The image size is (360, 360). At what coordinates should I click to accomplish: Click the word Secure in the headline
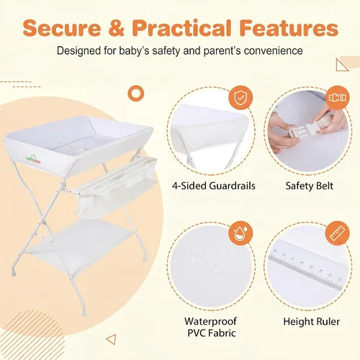point(62,28)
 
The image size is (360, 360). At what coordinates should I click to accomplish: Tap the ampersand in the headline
point(116,28)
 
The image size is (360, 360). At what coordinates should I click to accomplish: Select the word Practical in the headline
point(182,28)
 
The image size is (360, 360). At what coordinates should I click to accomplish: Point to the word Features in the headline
point(289,28)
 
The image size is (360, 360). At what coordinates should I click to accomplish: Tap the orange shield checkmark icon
point(240,97)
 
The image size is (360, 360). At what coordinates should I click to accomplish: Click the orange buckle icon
point(338,97)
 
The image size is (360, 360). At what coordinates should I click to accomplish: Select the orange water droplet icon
point(240,233)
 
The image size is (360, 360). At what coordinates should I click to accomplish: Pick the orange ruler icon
point(338,233)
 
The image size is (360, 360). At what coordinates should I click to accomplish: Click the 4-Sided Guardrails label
point(214,186)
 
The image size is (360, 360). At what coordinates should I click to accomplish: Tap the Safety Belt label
point(310,186)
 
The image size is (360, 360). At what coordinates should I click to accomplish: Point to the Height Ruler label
point(312,322)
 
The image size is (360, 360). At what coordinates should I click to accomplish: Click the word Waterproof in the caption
point(210,321)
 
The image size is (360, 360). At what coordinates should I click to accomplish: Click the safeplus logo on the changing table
point(33,160)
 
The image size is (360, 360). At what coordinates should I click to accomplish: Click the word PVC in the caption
point(197,333)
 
